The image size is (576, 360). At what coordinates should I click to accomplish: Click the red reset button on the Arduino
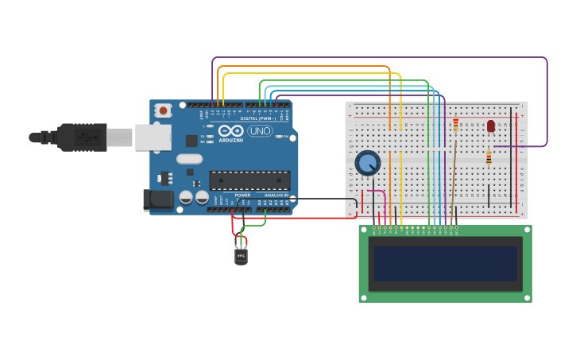pos(163,110)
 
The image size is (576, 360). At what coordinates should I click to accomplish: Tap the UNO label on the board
pos(260,131)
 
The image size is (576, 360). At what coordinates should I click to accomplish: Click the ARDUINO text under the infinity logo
pos(231,140)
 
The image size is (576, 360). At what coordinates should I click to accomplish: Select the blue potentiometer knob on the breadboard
pos(367,163)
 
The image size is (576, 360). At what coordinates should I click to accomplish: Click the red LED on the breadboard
pos(491,126)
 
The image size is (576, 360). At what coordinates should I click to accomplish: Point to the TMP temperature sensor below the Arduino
pos(241,256)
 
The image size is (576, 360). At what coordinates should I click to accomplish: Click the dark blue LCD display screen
pos(445,263)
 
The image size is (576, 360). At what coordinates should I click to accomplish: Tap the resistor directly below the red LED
pos(489,157)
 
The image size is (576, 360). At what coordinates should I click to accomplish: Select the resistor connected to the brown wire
pos(455,124)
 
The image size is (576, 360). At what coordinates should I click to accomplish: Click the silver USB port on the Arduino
pos(153,137)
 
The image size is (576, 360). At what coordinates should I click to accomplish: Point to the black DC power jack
pos(157,199)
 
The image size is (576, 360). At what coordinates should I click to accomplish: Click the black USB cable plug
pos(81,137)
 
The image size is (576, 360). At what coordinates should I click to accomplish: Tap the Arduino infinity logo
pos(230,131)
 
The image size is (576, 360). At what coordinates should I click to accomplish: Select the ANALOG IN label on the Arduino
pos(276,195)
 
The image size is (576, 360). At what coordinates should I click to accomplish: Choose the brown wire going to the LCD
pos(454,183)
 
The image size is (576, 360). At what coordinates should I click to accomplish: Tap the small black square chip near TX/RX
pos(191,141)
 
